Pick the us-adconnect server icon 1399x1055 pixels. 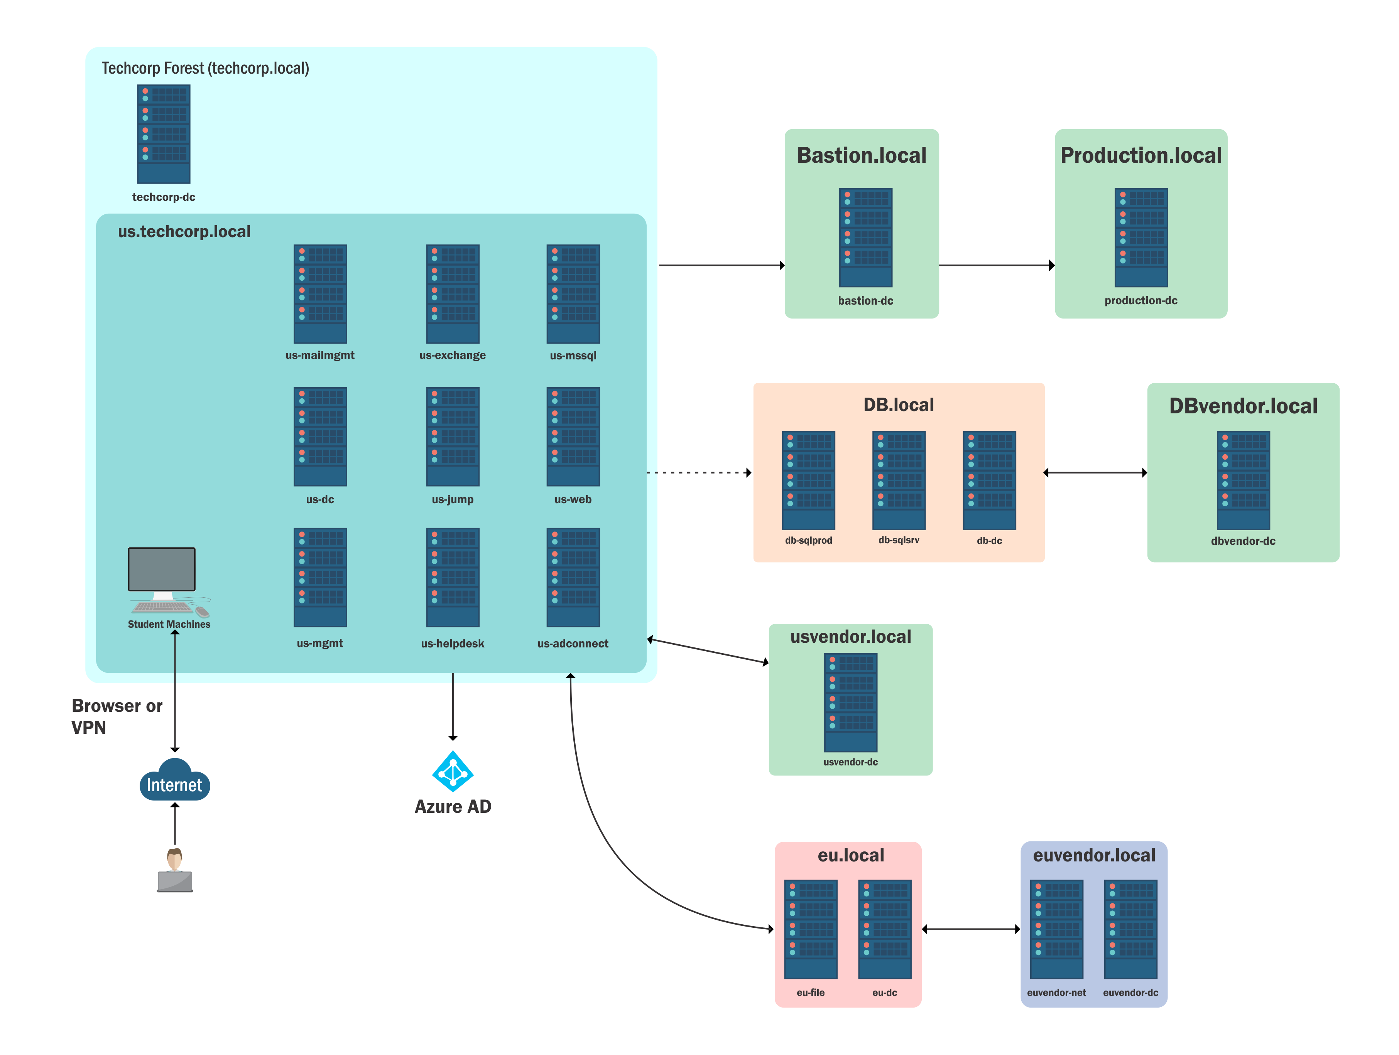573,578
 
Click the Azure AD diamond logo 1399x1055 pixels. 453,771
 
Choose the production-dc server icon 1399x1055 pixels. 1141,237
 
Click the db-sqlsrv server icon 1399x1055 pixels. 899,480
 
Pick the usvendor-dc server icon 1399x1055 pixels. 851,702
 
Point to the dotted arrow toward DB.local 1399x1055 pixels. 699,472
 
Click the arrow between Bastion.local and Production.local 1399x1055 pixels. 997,266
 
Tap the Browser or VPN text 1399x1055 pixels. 117,716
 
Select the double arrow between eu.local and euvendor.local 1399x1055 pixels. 971,929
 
